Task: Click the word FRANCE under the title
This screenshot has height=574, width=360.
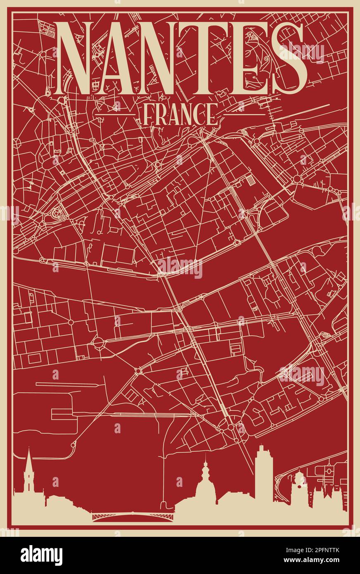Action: tap(180, 114)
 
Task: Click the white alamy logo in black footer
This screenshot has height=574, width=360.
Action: tap(41, 555)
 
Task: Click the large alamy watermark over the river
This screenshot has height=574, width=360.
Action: tap(180, 268)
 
